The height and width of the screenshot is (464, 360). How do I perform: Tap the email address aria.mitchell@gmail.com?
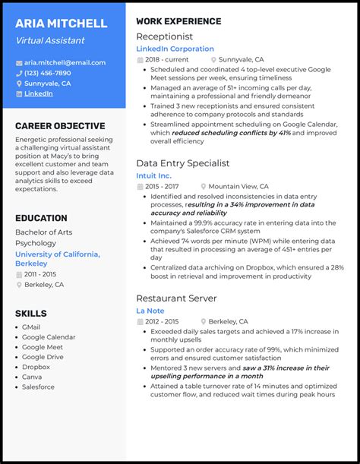[65, 62]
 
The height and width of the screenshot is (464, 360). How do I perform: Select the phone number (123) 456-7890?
[47, 73]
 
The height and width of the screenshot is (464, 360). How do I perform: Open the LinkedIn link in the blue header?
[38, 93]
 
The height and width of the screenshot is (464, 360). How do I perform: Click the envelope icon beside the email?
[19, 62]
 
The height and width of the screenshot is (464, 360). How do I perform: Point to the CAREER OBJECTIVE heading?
[60, 126]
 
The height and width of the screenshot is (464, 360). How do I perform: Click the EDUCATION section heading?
[41, 218]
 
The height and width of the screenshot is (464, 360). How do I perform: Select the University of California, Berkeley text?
[57, 259]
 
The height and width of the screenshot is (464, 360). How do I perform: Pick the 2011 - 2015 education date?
[39, 273]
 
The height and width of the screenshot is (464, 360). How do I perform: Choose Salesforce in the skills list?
[38, 387]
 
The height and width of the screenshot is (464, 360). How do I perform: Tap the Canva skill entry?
[32, 377]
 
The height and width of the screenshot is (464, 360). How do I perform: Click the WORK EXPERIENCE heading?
[178, 21]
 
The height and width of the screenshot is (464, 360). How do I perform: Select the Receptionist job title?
[164, 36]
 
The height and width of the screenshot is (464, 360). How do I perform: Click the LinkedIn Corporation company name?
[175, 49]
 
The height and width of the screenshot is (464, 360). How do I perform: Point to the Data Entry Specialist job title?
[182, 163]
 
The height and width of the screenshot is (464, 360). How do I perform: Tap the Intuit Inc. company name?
[153, 175]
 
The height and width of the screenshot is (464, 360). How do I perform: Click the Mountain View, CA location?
[238, 186]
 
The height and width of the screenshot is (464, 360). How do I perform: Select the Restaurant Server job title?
[176, 298]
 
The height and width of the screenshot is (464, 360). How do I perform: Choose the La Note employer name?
[150, 311]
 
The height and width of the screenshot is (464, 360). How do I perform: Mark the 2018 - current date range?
[167, 58]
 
